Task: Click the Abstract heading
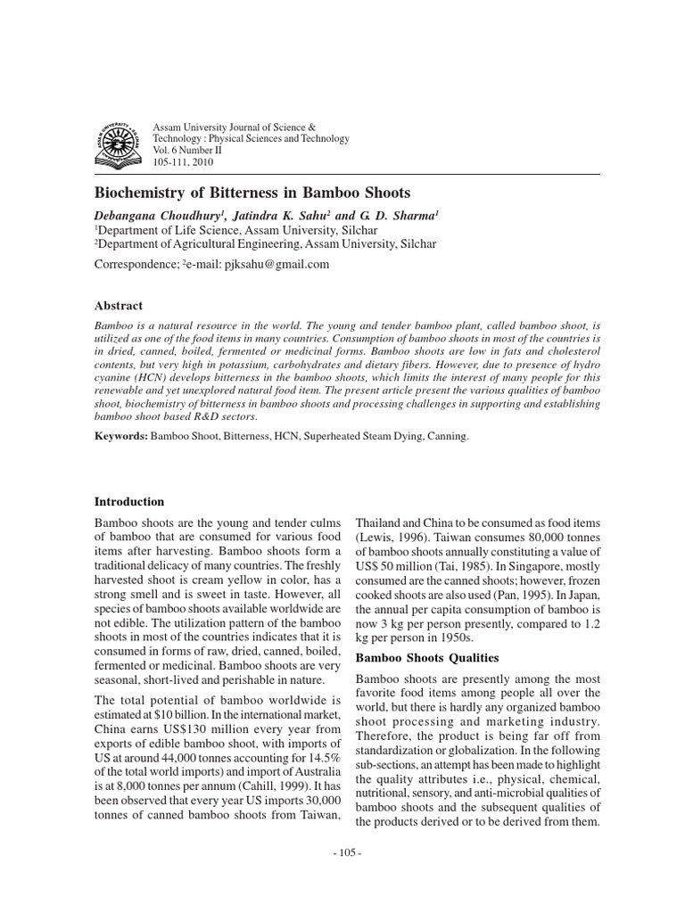(x=119, y=305)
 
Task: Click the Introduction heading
(x=129, y=502)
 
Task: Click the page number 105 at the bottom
(x=342, y=852)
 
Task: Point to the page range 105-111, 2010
(x=184, y=162)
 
